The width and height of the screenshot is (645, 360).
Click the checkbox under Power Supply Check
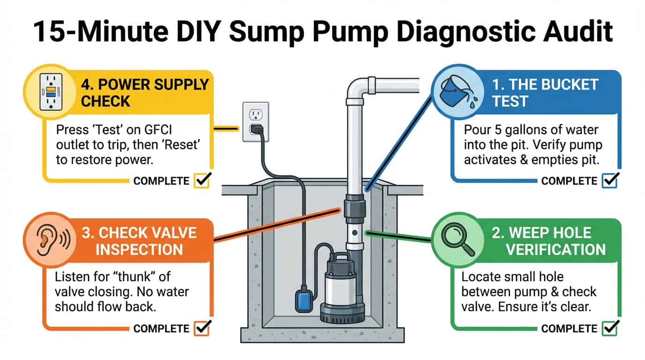pyautogui.click(x=201, y=180)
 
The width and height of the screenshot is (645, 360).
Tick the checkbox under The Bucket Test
pyautogui.click(x=609, y=180)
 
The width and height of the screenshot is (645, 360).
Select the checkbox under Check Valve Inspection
pyautogui.click(x=201, y=328)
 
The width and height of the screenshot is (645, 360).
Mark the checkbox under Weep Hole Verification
pyautogui.click(x=609, y=328)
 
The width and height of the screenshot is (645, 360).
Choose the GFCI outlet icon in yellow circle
pyautogui.click(x=49, y=92)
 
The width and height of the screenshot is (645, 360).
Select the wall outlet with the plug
pyautogui.click(x=255, y=122)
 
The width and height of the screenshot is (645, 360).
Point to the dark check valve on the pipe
pyautogui.click(x=355, y=209)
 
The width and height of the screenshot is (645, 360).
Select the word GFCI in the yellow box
pyautogui.click(x=164, y=129)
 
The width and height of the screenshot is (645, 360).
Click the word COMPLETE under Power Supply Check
pyautogui.click(x=161, y=181)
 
